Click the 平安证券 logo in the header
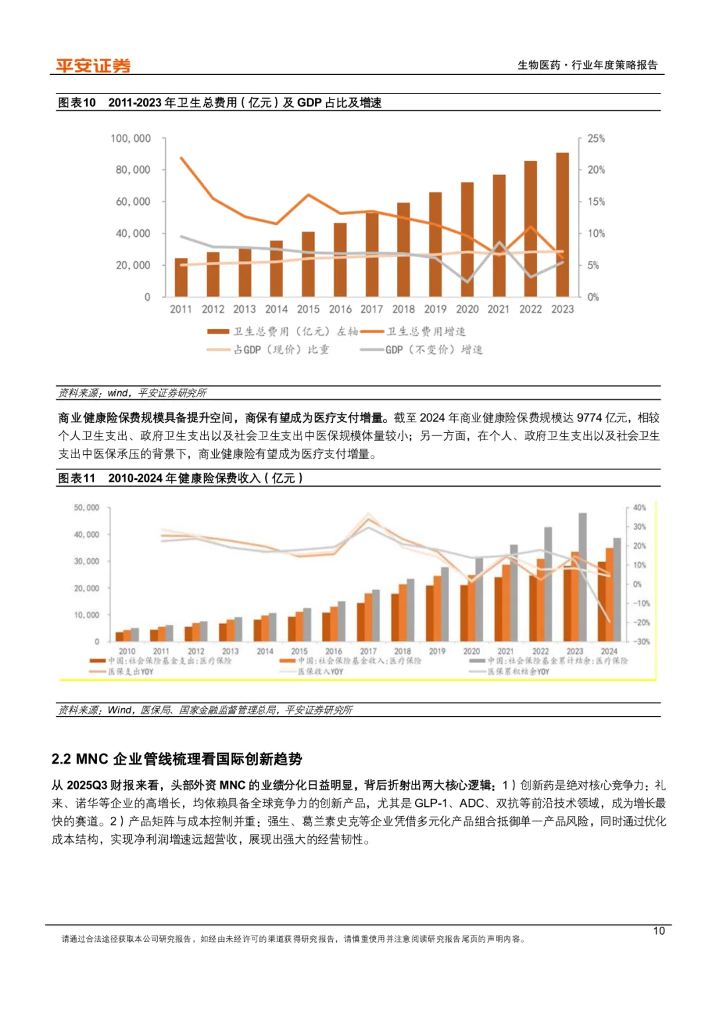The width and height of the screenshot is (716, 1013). coord(93,66)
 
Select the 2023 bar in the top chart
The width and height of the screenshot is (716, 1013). coord(562,225)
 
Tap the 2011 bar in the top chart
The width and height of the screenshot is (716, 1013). coord(181,277)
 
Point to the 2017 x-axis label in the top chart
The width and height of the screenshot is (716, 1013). coord(372,309)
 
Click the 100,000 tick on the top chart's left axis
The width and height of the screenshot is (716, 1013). coord(131,139)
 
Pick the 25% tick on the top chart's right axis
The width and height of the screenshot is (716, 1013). coord(596,139)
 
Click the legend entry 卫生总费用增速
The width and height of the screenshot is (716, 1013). coord(426,331)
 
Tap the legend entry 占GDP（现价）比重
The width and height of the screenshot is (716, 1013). coord(281,349)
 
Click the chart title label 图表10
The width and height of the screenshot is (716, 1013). coord(77,103)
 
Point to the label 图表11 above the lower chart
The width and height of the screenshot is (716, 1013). coord(77,478)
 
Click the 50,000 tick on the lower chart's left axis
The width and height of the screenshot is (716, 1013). coord(86,508)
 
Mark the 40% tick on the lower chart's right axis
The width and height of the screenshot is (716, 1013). coord(639,508)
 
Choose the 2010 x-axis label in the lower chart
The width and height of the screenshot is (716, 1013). coord(127,652)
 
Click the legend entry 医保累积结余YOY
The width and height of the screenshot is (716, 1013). coord(518,672)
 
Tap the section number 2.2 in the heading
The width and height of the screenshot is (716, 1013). coord(61,759)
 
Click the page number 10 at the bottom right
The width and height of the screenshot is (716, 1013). coord(658,931)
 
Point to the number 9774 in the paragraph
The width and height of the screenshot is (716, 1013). coord(589,418)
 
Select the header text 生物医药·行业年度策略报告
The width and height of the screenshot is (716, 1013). coord(587,65)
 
